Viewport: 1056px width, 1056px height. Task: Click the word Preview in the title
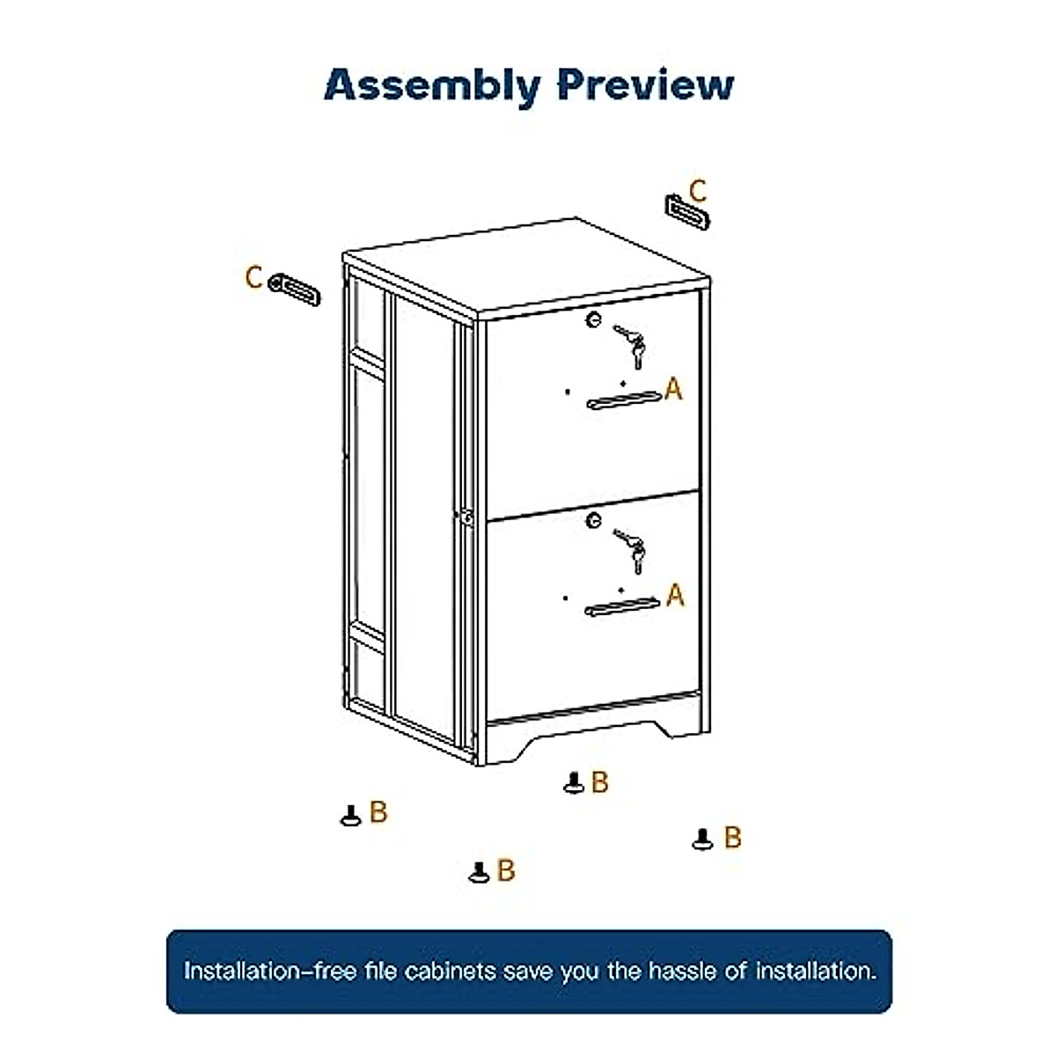(x=646, y=84)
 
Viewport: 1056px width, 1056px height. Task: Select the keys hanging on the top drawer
(x=632, y=345)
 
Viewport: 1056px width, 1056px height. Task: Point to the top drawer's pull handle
(x=623, y=400)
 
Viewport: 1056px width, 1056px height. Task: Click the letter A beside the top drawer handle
(x=673, y=388)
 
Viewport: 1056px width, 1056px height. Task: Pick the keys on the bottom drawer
(x=632, y=549)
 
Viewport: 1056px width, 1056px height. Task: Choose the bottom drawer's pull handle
(x=622, y=606)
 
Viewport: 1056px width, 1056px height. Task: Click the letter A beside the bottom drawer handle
(x=675, y=596)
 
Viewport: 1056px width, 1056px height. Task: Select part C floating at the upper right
(x=686, y=212)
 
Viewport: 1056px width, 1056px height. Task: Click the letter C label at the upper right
(x=698, y=190)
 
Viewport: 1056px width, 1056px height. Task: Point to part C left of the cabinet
(x=295, y=289)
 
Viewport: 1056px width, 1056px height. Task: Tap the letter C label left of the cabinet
(x=253, y=277)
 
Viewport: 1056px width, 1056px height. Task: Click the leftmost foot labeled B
(x=350, y=816)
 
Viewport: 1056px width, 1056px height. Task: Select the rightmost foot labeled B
(x=702, y=840)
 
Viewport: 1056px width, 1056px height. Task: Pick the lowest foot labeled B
(x=479, y=872)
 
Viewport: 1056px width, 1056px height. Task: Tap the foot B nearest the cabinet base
(x=574, y=782)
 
